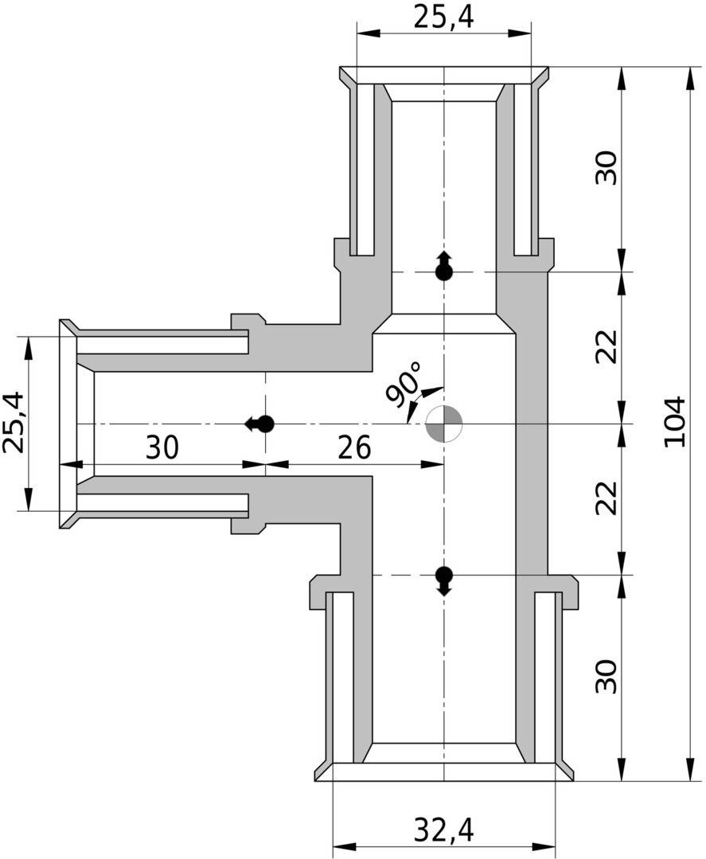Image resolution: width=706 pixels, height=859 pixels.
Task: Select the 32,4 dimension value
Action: tap(443, 830)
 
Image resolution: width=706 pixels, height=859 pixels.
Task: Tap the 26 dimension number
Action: tap(353, 448)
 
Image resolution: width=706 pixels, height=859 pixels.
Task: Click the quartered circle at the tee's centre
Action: tap(443, 424)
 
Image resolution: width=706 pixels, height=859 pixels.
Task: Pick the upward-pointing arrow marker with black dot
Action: tap(443, 267)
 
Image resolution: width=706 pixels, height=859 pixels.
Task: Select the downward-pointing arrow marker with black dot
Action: tap(443, 580)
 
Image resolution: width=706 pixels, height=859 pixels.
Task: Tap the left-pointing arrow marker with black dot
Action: tap(260, 424)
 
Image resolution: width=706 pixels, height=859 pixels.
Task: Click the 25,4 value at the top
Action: tap(443, 17)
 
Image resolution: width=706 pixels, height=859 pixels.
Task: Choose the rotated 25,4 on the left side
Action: tap(14, 423)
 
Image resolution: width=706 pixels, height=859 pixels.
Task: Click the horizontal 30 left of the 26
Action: tap(162, 448)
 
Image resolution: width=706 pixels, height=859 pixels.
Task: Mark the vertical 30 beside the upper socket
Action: tap(607, 168)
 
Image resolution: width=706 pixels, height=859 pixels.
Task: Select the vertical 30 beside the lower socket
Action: tap(607, 676)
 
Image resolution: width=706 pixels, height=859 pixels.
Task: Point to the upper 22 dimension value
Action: tap(607, 346)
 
